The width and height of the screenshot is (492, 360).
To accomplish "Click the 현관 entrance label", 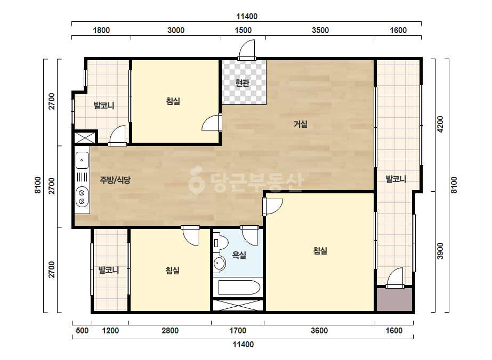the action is (242, 83).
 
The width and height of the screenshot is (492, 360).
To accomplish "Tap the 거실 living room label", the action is (300, 124).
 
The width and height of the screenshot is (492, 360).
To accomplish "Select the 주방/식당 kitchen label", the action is (115, 180).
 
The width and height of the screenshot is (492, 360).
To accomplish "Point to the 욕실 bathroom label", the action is (239, 255).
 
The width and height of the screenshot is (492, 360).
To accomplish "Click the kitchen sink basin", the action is (82, 160).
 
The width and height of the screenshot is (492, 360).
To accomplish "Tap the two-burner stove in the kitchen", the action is (82, 197).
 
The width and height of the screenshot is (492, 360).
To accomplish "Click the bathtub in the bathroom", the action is (239, 287).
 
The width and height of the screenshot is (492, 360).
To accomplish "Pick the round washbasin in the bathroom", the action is (219, 263).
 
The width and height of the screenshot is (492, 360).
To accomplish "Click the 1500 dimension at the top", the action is (243, 30).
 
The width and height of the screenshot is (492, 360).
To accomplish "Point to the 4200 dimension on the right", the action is (440, 124).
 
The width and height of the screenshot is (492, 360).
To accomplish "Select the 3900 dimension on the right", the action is (440, 251).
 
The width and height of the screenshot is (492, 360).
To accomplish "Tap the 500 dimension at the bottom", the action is (82, 331).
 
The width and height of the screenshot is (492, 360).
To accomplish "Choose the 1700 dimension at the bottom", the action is (238, 331).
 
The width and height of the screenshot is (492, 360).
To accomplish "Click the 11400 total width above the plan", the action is (247, 17).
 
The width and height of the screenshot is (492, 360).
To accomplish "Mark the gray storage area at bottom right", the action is (394, 299).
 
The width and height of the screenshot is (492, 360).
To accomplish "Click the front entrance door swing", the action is (247, 50).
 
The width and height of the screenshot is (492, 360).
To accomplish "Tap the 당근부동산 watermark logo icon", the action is (196, 180).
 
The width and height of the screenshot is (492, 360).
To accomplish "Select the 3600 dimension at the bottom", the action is (319, 331).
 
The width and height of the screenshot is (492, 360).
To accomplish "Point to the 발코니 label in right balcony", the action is (396, 179).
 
